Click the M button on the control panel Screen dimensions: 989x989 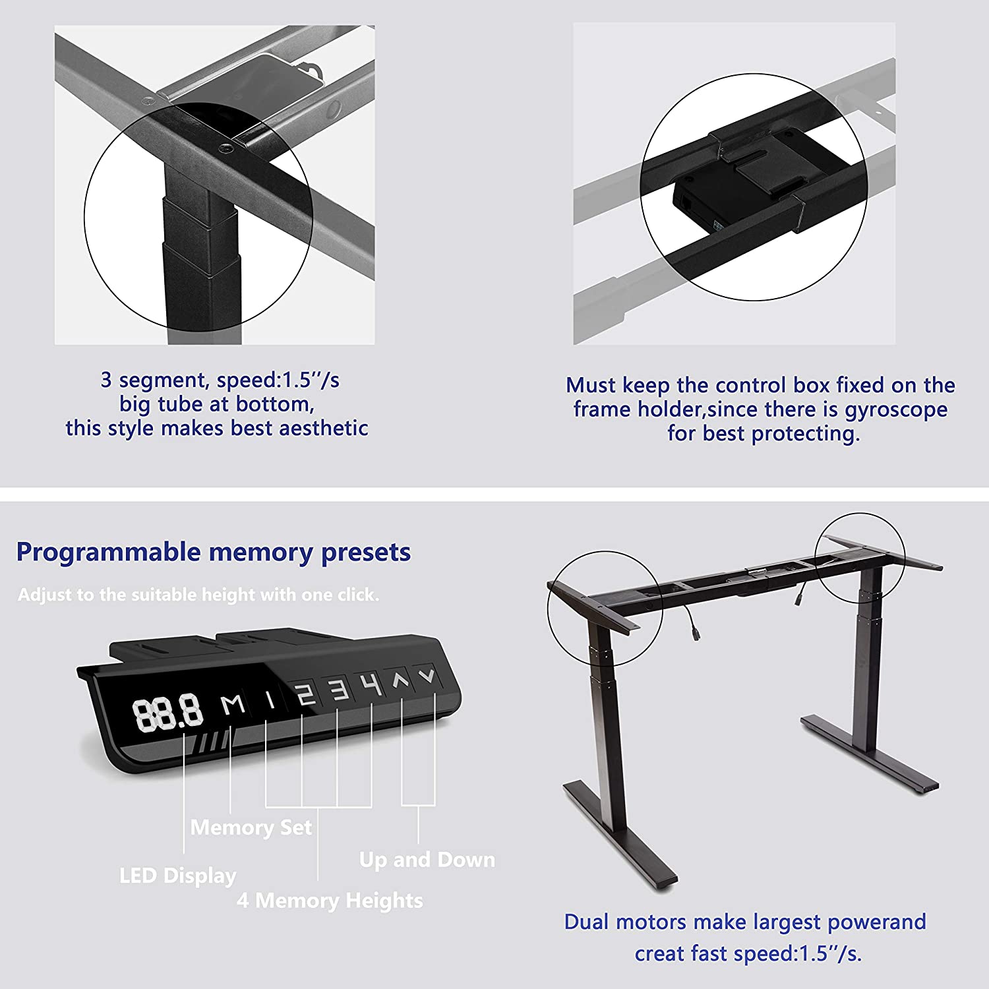pyautogui.click(x=233, y=705)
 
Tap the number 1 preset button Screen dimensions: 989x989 pyautogui.click(x=270, y=699)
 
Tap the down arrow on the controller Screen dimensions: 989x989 pyautogui.click(x=427, y=675)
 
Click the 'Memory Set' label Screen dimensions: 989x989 pyautogui.click(x=251, y=827)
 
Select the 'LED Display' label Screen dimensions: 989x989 pyautogui.click(x=178, y=876)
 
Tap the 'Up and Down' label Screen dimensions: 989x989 pyautogui.click(x=427, y=860)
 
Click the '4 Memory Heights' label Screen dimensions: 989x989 pyautogui.click(x=330, y=901)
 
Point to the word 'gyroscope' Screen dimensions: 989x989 pyautogui.click(x=896, y=410)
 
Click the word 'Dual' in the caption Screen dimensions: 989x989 pyautogui.click(x=586, y=922)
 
